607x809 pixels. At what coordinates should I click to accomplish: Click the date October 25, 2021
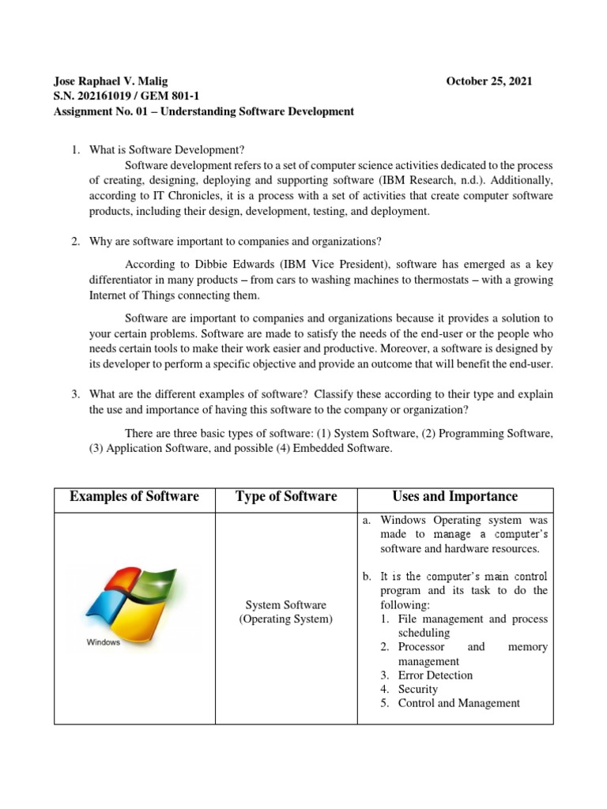(489, 81)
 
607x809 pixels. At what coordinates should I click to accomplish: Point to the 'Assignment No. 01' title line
(203, 111)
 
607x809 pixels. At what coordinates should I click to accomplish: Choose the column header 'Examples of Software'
(134, 496)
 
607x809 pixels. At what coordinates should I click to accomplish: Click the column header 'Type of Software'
(285, 496)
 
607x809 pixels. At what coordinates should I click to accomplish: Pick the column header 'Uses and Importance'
(455, 496)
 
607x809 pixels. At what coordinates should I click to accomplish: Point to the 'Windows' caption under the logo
(103, 642)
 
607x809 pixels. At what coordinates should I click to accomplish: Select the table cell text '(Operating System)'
(285, 619)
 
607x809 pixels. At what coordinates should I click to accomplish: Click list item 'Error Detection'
(435, 675)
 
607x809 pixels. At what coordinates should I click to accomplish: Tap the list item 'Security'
(418, 690)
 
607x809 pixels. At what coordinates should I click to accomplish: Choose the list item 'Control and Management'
(458, 703)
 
